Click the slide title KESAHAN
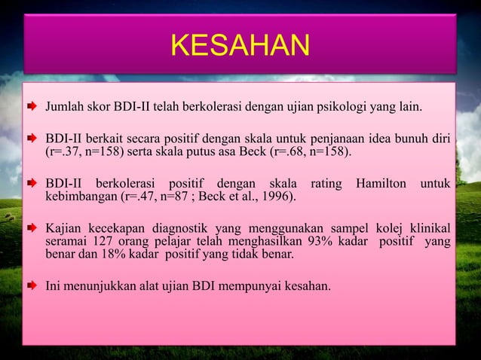pyautogui.click(x=240, y=46)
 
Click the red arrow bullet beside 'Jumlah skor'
pyautogui.click(x=35, y=114)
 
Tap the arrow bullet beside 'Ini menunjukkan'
pyautogui.click(x=35, y=286)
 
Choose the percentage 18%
pyautogui.click(x=119, y=255)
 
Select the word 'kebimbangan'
pyautogui.click(x=81, y=198)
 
